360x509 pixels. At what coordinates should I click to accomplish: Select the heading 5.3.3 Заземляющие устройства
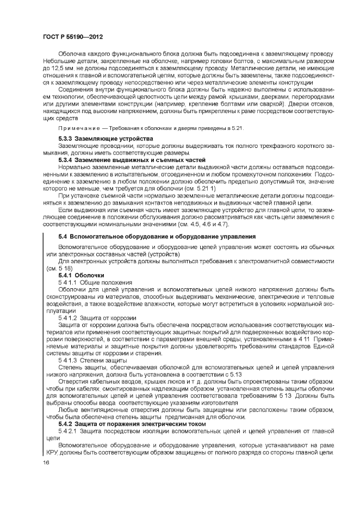(x=106, y=139)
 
